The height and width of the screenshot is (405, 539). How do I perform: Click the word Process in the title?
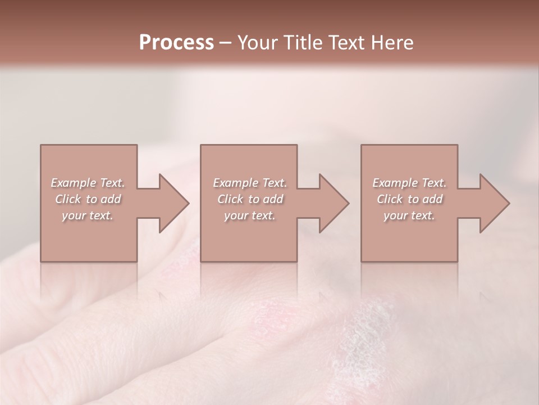[x=176, y=42]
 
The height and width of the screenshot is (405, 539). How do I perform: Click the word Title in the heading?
[x=303, y=42]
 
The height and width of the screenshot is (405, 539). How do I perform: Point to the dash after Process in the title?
[x=225, y=43]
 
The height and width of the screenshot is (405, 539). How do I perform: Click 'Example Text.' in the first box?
[x=88, y=183]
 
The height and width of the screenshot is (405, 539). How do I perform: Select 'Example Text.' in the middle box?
[x=250, y=183]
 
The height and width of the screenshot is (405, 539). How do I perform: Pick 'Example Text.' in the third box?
[x=409, y=183]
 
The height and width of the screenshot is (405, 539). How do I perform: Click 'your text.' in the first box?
[x=88, y=215]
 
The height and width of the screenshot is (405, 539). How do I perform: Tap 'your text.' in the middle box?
[x=250, y=215]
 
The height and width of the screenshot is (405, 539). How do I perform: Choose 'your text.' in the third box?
[x=409, y=215]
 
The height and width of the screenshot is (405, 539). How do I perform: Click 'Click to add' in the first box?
[x=88, y=199]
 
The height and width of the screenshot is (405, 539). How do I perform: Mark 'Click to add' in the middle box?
[x=250, y=199]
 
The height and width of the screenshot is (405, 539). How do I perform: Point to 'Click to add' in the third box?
[x=409, y=199]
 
